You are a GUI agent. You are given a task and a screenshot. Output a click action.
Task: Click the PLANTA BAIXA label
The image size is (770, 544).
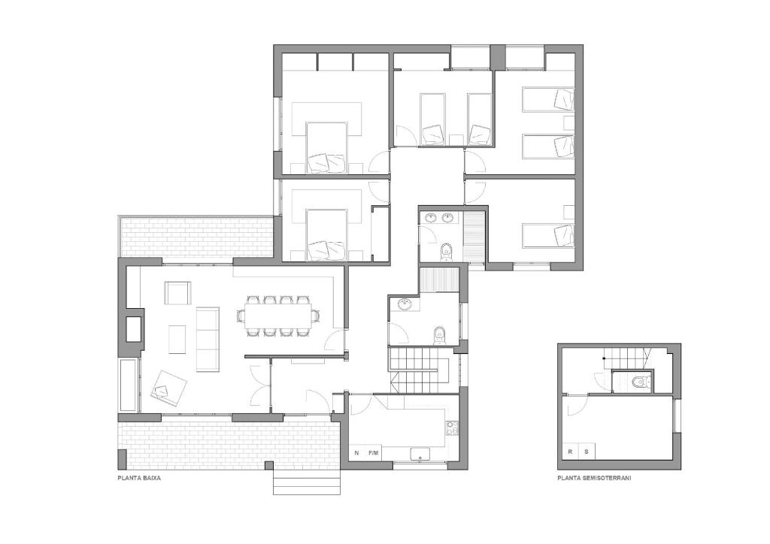point(139,477)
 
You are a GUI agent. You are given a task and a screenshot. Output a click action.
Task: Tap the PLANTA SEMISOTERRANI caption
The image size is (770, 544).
point(594,477)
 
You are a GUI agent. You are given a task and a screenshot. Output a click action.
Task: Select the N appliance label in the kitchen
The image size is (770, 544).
point(356,453)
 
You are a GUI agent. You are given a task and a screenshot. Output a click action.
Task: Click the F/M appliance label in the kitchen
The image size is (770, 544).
point(374,453)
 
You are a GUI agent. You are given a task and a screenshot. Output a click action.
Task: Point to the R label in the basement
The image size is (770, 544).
point(570,452)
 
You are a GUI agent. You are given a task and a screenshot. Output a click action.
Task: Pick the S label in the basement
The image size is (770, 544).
point(587,452)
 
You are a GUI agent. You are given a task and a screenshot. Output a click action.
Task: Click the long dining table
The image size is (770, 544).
point(277,316)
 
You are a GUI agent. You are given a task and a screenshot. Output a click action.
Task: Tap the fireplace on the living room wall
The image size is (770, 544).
point(132,328)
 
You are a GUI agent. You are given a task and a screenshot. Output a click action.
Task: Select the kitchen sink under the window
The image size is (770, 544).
point(420,454)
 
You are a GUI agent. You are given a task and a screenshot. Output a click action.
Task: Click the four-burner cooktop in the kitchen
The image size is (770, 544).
point(452,428)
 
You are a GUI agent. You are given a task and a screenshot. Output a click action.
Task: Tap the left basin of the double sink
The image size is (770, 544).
point(431,217)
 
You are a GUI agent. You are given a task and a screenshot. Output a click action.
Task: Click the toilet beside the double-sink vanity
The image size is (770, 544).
point(445,251)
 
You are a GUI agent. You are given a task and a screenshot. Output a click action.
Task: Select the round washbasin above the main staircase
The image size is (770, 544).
point(405,305)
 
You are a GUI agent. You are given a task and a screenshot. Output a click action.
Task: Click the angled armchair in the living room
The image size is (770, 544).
point(169,387)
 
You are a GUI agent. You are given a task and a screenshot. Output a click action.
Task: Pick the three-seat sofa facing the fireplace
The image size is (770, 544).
point(208,340)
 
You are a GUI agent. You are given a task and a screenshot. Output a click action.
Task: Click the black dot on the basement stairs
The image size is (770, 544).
point(604,359)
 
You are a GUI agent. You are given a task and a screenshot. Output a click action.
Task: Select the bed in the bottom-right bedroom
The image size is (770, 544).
point(548,236)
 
